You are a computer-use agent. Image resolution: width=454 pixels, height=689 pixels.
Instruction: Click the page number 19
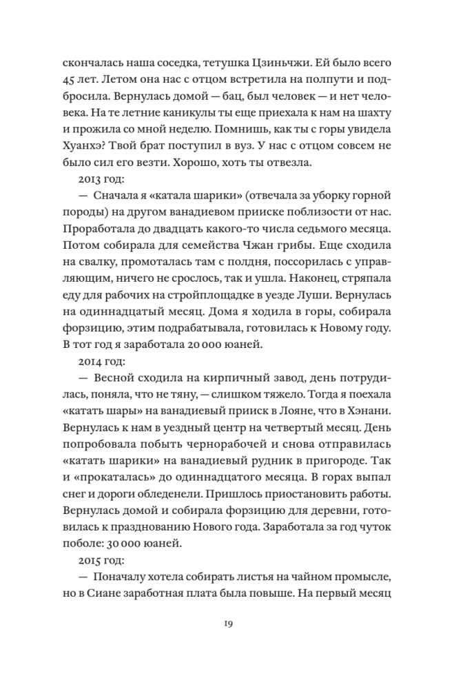point(227,625)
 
